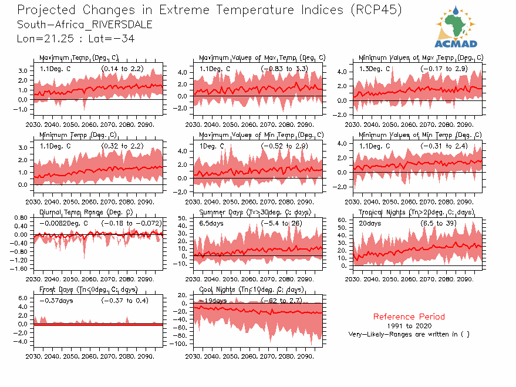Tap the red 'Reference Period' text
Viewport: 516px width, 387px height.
[409, 317]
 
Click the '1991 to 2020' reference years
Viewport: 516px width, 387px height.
[409, 325]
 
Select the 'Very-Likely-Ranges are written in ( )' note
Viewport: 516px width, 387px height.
[409, 334]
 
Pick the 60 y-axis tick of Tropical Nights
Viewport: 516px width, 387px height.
[344, 220]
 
